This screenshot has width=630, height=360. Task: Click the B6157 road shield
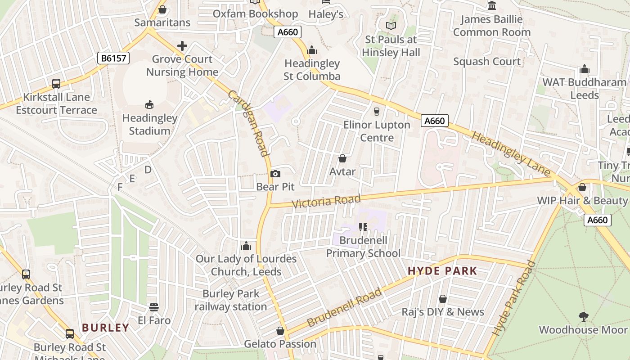113,58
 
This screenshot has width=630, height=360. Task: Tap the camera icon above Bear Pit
275,174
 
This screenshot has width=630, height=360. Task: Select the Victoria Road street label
326,201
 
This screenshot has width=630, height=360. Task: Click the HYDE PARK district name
442,271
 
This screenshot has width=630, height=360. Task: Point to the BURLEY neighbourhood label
106,328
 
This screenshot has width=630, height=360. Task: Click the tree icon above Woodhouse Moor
583,317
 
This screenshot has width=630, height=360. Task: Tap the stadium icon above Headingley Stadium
149,105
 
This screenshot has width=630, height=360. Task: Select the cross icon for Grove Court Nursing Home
182,46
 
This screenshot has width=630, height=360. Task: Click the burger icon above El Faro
154,307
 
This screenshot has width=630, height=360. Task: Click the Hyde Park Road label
513,298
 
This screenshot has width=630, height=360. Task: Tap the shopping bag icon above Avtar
342,158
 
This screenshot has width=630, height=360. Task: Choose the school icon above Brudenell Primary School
363,227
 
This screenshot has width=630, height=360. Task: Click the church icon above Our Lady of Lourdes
246,246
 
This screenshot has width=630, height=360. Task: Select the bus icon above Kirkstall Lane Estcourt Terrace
56,84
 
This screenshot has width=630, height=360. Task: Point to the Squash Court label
487,62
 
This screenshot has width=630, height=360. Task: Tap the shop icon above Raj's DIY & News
443,299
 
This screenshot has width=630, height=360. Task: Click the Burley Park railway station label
231,300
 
